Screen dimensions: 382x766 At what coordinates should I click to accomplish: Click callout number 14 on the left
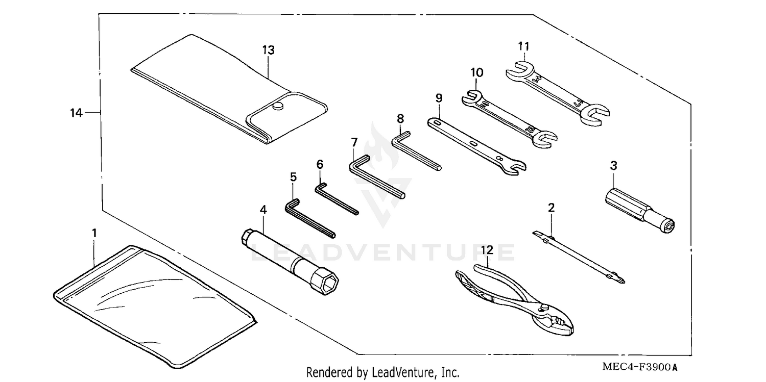coord(76,113)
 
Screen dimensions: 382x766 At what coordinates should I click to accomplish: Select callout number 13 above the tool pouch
coord(268,50)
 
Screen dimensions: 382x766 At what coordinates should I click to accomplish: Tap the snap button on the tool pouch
coord(277,106)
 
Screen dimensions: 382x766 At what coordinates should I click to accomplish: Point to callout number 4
coord(263,209)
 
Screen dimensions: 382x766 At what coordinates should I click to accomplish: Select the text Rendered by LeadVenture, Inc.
coord(382,372)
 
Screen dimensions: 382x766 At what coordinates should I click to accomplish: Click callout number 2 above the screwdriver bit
coord(551,208)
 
